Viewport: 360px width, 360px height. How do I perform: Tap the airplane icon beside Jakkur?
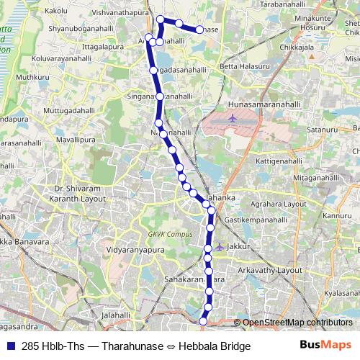click(x=219, y=247)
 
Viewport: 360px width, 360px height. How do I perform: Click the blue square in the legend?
click(x=11, y=346)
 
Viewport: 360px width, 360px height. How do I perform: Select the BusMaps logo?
click(x=325, y=346)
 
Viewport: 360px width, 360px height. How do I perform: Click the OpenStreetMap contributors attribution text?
click(x=297, y=323)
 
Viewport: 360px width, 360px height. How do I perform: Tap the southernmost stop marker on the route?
click(x=203, y=321)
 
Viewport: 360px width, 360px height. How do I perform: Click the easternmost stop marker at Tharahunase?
click(x=200, y=30)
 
